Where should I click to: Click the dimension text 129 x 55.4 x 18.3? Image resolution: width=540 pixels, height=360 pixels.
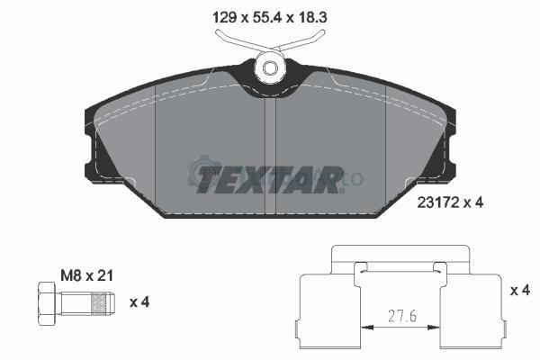pos(270,17)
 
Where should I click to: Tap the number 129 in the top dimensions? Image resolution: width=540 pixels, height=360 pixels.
pos(224,17)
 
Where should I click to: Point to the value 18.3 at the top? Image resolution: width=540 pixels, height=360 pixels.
pos(311,17)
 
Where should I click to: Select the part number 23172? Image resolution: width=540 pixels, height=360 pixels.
pos(438,202)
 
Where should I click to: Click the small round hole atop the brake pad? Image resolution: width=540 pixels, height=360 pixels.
pos(270,67)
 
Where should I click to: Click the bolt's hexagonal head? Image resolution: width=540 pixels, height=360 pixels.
pos(47,303)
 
